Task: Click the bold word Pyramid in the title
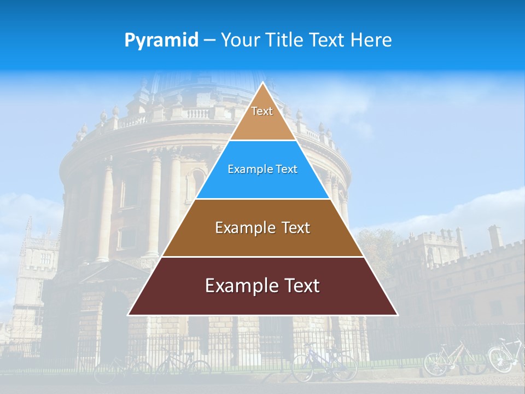click(161, 40)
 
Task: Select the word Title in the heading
click(287, 40)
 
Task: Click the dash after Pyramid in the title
click(209, 40)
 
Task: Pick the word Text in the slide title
click(329, 40)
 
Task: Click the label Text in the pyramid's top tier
click(262, 111)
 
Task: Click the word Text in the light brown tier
click(296, 228)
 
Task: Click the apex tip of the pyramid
click(262, 83)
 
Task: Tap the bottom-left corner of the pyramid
click(129, 315)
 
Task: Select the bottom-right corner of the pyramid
click(397, 315)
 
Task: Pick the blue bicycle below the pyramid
click(323, 363)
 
